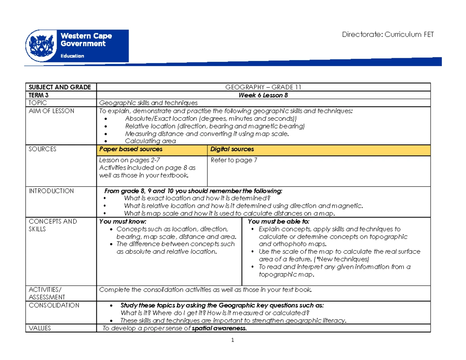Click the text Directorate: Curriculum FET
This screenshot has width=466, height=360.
[388, 35]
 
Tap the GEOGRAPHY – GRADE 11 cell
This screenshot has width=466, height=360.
[263, 87]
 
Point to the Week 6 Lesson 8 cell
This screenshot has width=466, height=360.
[263, 95]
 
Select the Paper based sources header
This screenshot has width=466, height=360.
[131, 149]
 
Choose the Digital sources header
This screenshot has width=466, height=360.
[232, 149]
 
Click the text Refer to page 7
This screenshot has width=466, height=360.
[233, 160]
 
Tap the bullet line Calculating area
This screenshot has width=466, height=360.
[150, 141]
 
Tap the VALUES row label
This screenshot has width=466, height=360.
[40, 328]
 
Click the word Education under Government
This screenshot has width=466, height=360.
[71, 56]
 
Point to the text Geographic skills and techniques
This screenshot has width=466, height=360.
[148, 103]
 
